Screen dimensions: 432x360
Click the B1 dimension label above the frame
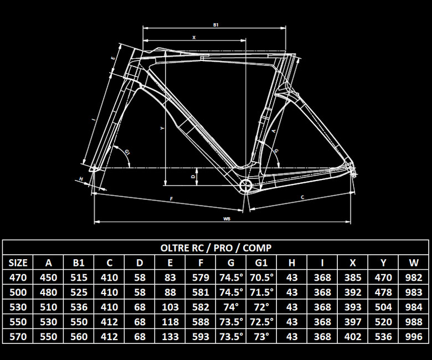(x=216, y=25)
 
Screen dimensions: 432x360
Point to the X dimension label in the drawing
(x=194, y=38)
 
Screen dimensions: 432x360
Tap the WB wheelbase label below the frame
(x=227, y=219)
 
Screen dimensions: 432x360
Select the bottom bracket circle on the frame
(x=245, y=186)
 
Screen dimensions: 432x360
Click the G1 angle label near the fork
(x=127, y=152)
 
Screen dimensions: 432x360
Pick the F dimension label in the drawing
(x=171, y=199)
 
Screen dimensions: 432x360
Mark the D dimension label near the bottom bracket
(x=193, y=176)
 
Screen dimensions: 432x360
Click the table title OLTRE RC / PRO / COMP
(x=216, y=248)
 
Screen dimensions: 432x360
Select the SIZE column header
(x=18, y=263)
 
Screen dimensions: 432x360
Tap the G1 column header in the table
(x=261, y=263)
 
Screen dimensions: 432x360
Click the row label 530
(x=18, y=307)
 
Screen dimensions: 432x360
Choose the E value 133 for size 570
(x=170, y=337)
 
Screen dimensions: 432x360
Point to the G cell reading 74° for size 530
(x=231, y=307)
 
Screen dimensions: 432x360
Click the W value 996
(x=414, y=337)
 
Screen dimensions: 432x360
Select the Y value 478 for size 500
(x=383, y=292)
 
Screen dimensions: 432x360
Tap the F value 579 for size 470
(x=200, y=277)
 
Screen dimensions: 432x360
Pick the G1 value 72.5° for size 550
(x=261, y=322)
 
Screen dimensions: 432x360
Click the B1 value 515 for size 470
(x=79, y=277)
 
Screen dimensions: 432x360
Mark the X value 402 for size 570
(x=353, y=337)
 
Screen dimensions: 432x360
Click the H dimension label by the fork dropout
(x=81, y=179)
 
